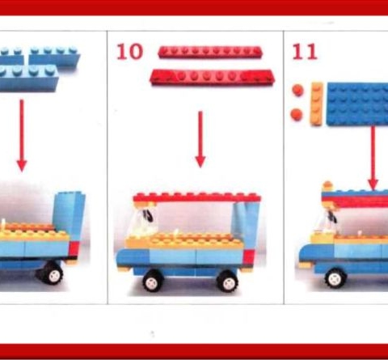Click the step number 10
click(129, 52)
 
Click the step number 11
click(305, 52)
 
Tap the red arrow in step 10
click(200, 139)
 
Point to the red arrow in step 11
click(373, 158)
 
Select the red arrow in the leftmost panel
click(22, 135)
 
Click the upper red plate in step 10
click(210, 52)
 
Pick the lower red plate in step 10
click(212, 78)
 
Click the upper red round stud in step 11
click(297, 91)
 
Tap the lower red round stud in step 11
click(297, 114)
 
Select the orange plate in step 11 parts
click(317, 104)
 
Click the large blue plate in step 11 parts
click(357, 104)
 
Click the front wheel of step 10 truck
click(153, 281)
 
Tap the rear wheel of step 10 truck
click(227, 282)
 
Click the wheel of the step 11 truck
click(335, 278)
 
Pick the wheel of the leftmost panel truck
click(53, 273)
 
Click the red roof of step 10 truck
click(197, 197)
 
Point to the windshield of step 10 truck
click(141, 221)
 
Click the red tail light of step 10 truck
click(248, 257)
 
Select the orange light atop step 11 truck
click(327, 186)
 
